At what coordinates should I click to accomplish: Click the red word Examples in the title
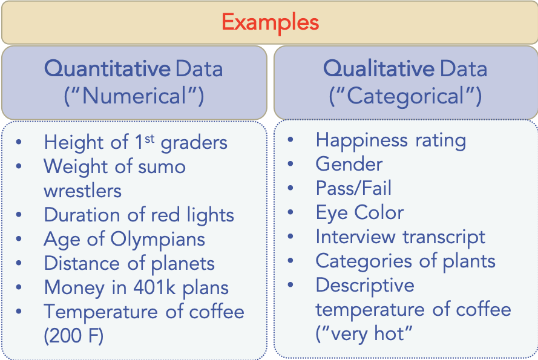(x=271, y=22)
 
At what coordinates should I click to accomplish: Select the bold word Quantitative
(x=107, y=68)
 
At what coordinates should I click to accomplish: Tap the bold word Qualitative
(x=379, y=68)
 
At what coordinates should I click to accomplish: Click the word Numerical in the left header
(x=134, y=96)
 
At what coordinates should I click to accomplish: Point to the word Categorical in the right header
(x=406, y=96)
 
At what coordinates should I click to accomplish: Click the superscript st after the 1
(x=149, y=139)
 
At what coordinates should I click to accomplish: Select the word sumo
(x=162, y=168)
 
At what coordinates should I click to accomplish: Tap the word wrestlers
(x=83, y=191)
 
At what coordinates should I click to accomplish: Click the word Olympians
(x=158, y=240)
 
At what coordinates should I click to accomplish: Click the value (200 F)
(x=73, y=336)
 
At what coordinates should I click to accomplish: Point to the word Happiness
(x=362, y=141)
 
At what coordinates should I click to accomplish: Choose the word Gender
(x=349, y=164)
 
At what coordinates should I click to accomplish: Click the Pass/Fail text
(x=353, y=188)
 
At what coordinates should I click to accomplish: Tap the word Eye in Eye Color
(x=332, y=213)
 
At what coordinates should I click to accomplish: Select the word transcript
(x=444, y=237)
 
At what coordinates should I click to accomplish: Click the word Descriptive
(x=365, y=286)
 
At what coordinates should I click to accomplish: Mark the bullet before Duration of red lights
(x=19, y=215)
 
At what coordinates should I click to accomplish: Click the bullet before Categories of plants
(x=290, y=261)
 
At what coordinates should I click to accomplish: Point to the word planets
(x=183, y=264)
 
